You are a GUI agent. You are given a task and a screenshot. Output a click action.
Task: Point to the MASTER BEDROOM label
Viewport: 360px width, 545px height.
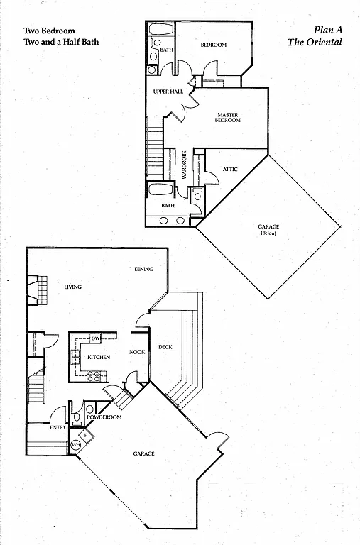pos(228,117)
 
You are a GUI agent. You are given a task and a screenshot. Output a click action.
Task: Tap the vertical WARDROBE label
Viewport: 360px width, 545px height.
pos(183,165)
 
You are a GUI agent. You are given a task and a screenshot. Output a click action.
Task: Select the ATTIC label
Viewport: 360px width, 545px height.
pos(230,169)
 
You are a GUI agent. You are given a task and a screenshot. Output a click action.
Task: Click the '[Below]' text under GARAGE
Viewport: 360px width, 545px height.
pos(268,233)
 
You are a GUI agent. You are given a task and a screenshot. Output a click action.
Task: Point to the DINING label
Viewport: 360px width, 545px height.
pos(146,270)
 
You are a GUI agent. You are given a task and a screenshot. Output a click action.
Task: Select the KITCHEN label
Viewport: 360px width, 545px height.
pos(98,356)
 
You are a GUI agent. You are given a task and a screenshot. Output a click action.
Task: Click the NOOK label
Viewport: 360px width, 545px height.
pos(137,351)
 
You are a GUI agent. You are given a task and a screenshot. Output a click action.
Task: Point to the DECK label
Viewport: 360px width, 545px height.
pos(165,347)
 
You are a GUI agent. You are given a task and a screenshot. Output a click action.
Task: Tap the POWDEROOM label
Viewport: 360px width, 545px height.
pos(104,417)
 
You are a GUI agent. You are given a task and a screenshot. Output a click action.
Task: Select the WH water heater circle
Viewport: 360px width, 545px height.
pos(76,445)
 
